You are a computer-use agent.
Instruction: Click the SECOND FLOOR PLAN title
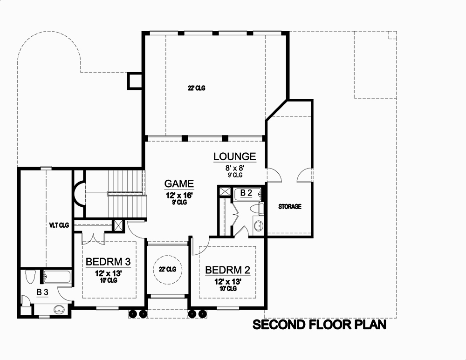tap(319, 325)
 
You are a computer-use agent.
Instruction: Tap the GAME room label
tap(179, 183)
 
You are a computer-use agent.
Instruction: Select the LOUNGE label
tap(235, 156)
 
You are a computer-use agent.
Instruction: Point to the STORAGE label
tap(290, 206)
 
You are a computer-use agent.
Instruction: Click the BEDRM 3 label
tap(108, 261)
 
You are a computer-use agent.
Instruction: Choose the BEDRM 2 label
tap(228, 270)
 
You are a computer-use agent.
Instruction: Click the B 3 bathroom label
tap(42, 292)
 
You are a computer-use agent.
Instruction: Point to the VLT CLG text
tap(59, 225)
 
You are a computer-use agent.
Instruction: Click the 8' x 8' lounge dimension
tap(235, 168)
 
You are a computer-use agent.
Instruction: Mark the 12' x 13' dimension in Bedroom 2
tap(228, 281)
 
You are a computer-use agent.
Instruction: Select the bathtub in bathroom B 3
tap(56, 277)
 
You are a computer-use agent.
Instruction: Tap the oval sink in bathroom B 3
tap(59, 308)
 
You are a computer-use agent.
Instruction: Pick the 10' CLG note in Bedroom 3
tap(108, 280)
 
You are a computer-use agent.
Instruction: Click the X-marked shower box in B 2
tap(224, 191)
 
